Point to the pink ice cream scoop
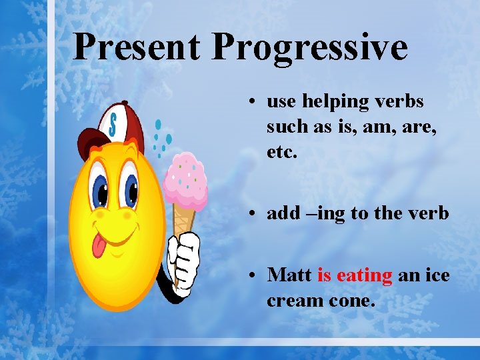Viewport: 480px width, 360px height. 185,177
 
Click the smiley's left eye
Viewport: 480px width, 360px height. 101,190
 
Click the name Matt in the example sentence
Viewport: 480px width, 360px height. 289,275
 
